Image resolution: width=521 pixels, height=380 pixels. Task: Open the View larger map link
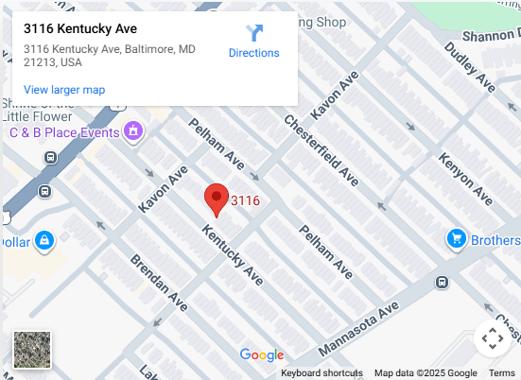(x=64, y=90)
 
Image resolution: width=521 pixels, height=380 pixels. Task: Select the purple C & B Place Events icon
(x=134, y=130)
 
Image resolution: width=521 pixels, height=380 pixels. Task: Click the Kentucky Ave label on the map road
(x=233, y=254)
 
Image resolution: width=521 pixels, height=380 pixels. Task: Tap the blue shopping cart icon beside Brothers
(x=456, y=240)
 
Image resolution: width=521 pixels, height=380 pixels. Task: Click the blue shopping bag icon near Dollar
(x=43, y=242)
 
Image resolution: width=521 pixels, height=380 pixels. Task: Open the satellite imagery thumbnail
(x=32, y=349)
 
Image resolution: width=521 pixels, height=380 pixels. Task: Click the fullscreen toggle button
(x=492, y=337)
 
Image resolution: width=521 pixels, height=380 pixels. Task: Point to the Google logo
(x=262, y=355)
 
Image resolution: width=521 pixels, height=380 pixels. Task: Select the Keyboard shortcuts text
(x=321, y=373)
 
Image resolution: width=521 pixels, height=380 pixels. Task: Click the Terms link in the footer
(x=502, y=373)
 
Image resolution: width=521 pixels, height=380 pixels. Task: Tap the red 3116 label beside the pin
(x=246, y=200)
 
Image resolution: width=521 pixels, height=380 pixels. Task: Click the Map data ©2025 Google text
(x=425, y=373)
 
